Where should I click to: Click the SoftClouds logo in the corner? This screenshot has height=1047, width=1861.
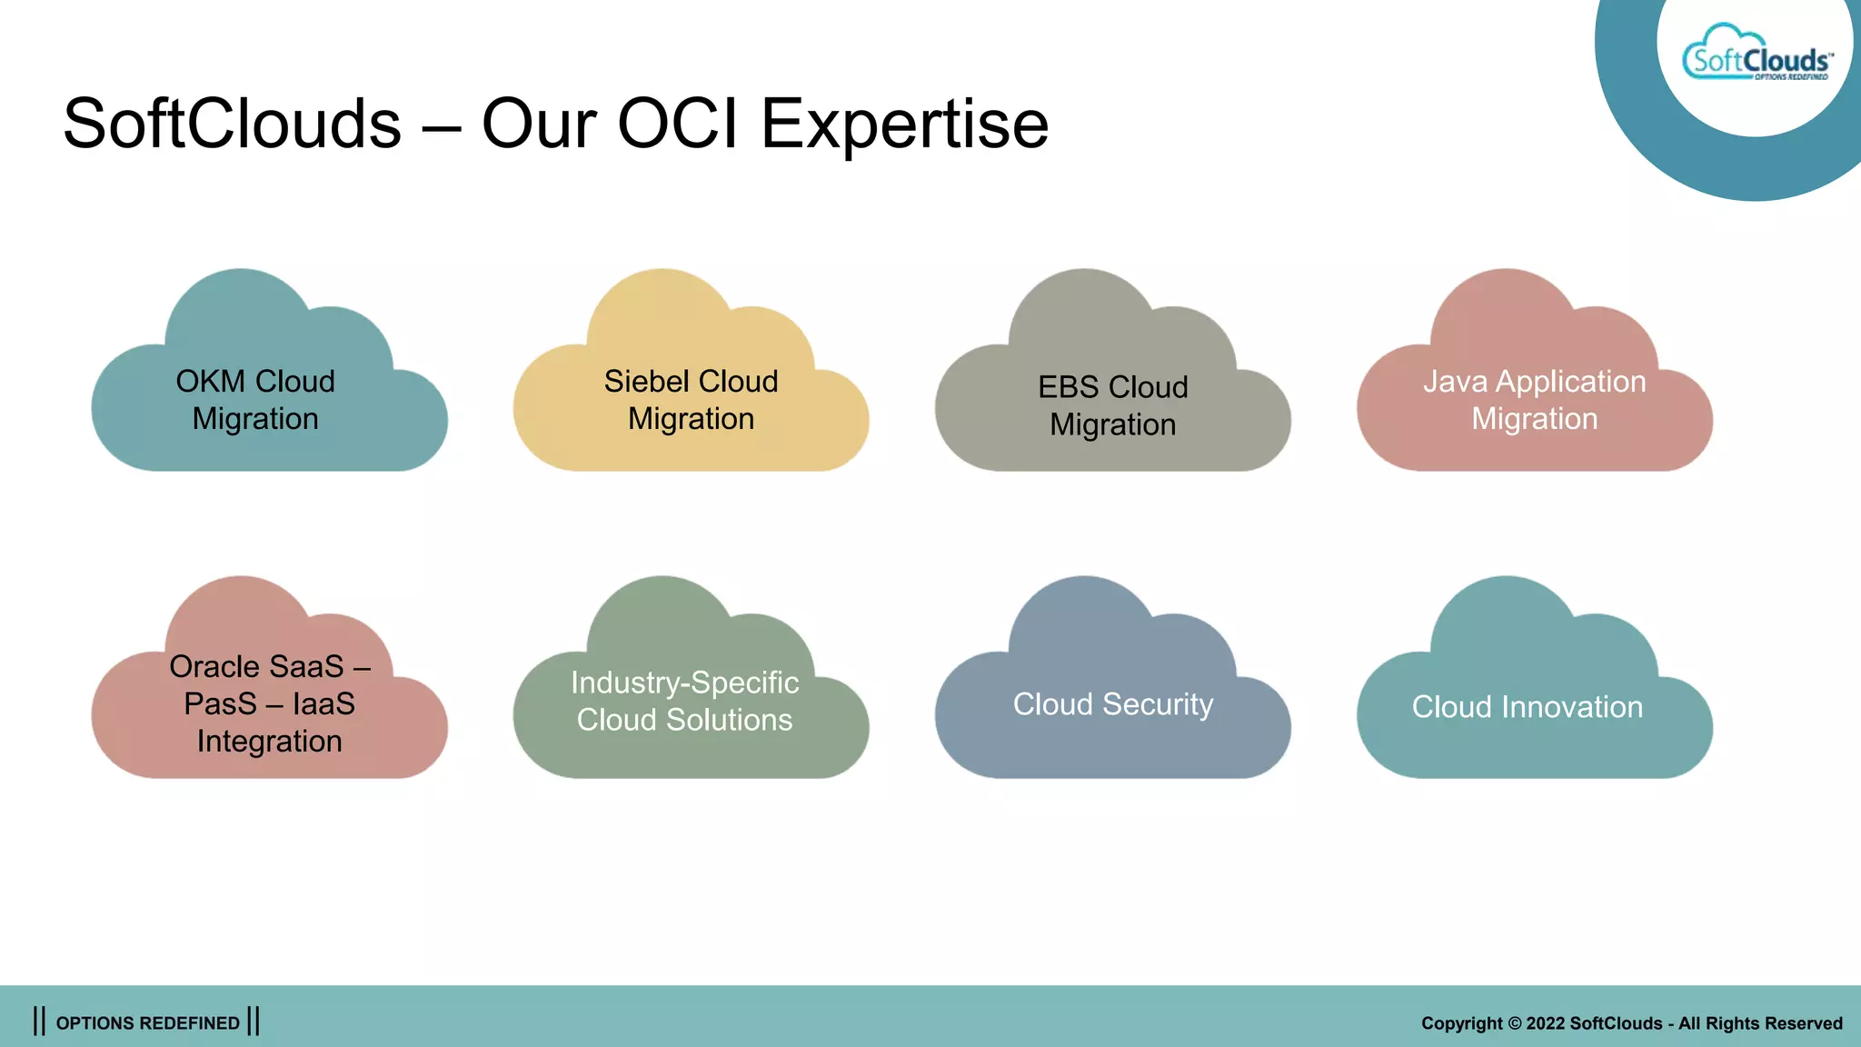click(x=1757, y=56)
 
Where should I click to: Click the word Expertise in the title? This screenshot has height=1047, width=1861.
click(x=904, y=125)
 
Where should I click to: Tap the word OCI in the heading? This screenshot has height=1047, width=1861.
click(x=677, y=125)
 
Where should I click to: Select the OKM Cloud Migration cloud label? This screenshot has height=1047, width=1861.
click(x=255, y=400)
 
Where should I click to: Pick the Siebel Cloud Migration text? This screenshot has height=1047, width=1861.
click(x=691, y=400)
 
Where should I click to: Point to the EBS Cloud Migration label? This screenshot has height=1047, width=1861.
click(x=1112, y=405)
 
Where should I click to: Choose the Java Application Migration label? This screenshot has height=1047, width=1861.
click(x=1534, y=400)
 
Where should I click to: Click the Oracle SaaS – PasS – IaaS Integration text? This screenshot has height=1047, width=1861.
click(x=269, y=703)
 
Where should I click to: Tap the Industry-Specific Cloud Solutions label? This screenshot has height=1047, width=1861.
click(x=684, y=701)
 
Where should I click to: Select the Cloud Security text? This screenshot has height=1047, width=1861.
click(x=1112, y=704)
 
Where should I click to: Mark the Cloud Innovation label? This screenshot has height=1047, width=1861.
click(x=1527, y=707)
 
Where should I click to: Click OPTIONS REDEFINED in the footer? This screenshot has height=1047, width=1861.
click(x=147, y=1023)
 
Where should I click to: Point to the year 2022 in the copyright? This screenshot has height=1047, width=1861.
click(x=1546, y=1023)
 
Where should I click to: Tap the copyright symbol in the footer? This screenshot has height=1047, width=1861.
click(x=1515, y=1023)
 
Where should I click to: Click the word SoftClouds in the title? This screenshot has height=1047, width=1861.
click(x=232, y=125)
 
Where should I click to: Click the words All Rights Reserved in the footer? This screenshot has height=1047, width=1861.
click(x=1760, y=1023)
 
